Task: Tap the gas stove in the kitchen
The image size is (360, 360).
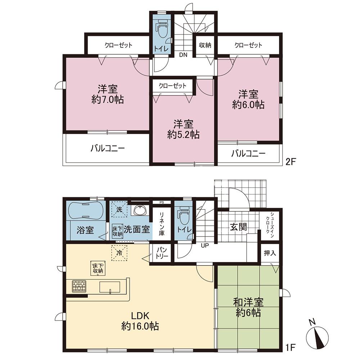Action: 79,286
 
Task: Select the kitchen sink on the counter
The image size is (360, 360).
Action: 110,287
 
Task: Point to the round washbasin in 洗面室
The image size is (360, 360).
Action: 140,210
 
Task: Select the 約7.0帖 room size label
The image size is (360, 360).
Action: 108,100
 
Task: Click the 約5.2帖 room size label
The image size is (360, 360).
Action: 183,135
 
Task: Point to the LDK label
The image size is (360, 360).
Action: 140,316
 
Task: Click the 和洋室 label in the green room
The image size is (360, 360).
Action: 248,302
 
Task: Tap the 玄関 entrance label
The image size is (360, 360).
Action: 239,227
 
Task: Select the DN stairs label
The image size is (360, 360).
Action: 183,55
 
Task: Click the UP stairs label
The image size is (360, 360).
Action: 205,246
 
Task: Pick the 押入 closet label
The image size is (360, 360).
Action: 270,253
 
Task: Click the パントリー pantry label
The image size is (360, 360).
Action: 162,253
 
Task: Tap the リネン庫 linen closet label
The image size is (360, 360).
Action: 162,224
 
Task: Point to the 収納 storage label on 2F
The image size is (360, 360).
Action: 205,45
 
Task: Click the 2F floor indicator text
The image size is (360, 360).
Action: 290,162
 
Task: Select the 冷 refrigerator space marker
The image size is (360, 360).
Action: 119,253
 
